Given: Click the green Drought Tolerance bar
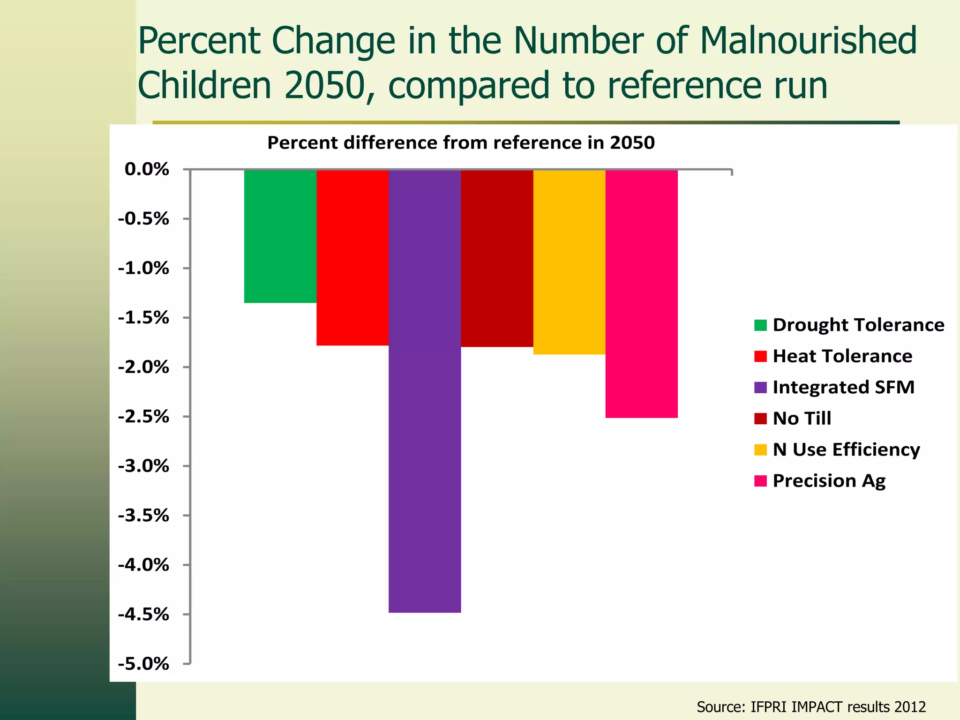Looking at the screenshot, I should [280, 236].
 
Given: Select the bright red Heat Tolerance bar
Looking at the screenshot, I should [352, 257].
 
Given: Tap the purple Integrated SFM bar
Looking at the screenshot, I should [425, 390].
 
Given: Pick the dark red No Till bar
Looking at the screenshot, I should [497, 258].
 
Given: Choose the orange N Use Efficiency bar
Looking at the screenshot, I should [569, 262].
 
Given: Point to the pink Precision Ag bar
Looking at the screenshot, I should [641, 293].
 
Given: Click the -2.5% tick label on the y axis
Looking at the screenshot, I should [143, 417].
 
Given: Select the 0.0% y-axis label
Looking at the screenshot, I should [147, 169].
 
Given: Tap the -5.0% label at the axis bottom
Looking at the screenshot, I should [143, 664].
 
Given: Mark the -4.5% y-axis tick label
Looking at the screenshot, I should [143, 615].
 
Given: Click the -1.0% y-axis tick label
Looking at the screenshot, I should [143, 269].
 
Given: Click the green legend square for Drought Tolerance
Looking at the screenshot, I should [760, 325].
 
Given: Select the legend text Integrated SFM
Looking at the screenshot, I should [843, 387].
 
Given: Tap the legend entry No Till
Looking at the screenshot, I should [802, 418].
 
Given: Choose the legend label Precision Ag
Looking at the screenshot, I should [829, 480].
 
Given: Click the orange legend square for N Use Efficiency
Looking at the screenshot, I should [760, 450].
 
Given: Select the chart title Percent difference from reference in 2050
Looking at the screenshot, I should [461, 142].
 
